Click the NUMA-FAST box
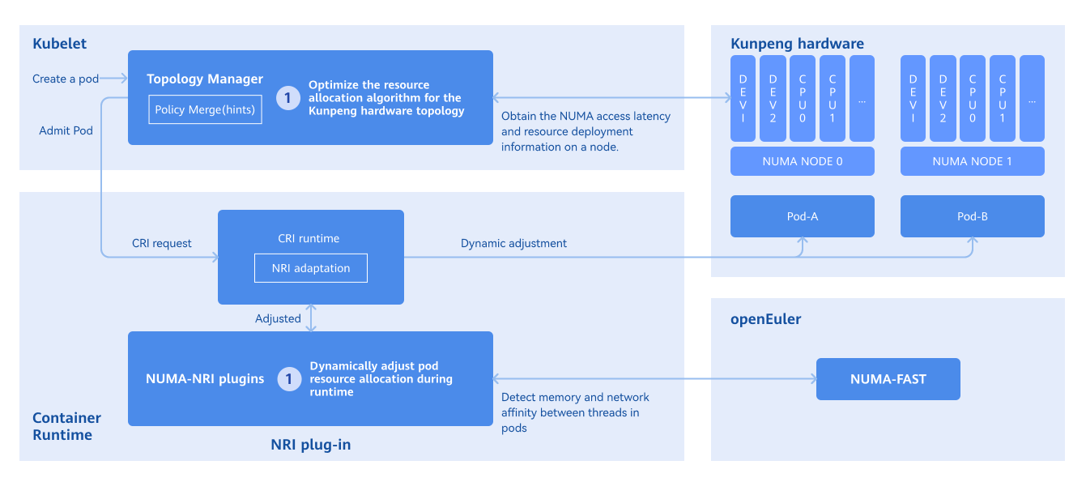[888, 379]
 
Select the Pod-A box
[802, 216]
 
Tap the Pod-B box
[972, 216]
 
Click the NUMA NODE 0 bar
[802, 161]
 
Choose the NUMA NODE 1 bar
[972, 161]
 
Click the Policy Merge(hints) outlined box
[205, 110]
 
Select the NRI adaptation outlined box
[311, 268]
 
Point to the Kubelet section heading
[59, 44]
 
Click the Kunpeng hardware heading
[797, 44]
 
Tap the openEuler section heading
[765, 319]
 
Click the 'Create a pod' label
[66, 79]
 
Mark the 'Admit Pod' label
[66, 130]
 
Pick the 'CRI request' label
[162, 243]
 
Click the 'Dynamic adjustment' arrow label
[513, 243]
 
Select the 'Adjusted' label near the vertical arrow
[278, 318]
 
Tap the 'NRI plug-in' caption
[310, 445]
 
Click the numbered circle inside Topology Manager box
[288, 98]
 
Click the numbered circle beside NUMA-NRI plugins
[289, 379]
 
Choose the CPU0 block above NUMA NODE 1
[972, 98]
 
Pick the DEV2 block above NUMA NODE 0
[773, 98]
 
